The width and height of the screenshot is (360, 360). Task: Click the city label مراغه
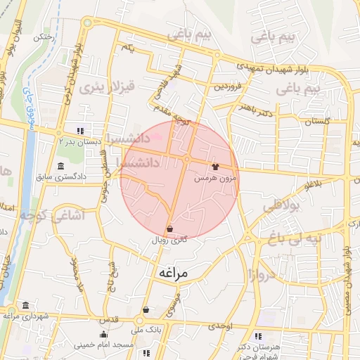(173, 272)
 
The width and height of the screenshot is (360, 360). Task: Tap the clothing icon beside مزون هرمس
(215, 167)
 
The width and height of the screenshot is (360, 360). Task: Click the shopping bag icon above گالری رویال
(170, 229)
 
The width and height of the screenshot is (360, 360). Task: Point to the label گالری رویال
(170, 240)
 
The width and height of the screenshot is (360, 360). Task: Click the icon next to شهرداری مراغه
(26, 305)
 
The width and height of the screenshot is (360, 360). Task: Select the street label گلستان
(317, 122)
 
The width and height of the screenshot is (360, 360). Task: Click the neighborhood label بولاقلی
(281, 206)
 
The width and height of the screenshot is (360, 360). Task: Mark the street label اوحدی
(220, 327)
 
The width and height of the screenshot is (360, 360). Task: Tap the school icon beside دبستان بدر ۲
(82, 130)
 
